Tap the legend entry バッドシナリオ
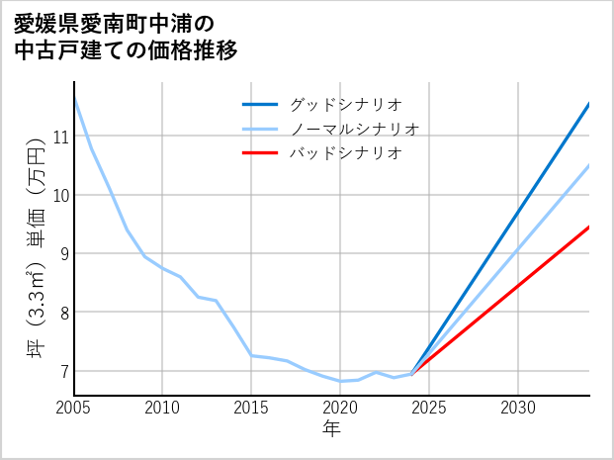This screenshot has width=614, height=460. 345,153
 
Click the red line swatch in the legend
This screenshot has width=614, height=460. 261,153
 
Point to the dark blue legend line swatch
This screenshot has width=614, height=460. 261,104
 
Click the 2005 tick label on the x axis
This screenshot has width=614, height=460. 74,408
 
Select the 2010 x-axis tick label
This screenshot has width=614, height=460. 162,408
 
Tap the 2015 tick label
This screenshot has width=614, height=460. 251,408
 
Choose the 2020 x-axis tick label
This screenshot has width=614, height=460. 340,408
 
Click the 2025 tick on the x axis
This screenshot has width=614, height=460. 429,408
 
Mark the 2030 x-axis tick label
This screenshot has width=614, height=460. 518,408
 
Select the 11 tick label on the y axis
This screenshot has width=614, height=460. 59,137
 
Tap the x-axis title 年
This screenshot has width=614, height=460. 331,428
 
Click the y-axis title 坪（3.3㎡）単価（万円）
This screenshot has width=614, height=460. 36,248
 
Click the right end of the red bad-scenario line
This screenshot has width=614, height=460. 589,227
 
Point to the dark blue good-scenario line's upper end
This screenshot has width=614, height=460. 589,103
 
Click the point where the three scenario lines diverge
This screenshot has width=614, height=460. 411,374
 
